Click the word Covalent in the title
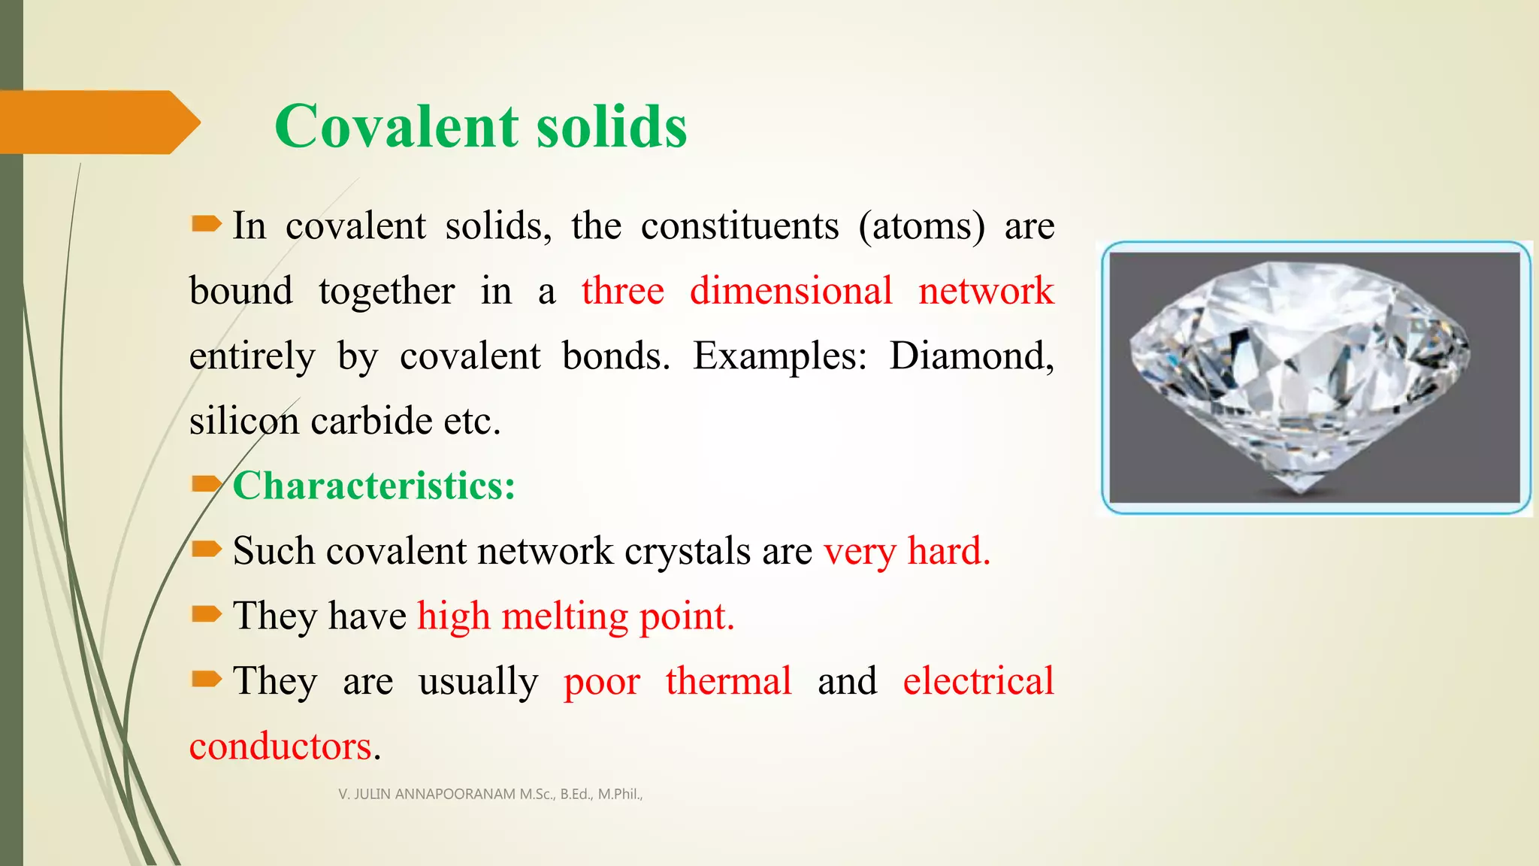[396, 126]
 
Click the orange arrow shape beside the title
[98, 123]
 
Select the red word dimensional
[791, 291]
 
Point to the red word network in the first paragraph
[986, 291]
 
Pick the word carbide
[372, 421]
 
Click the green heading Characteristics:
[373, 486]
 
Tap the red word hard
[948, 551]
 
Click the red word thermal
[728, 681]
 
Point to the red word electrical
[978, 681]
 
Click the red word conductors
[280, 746]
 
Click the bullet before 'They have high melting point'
[206, 615]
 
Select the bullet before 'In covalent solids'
[206, 224]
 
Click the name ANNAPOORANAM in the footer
[455, 794]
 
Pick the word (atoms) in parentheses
[921, 226]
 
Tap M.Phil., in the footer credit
[620, 794]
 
